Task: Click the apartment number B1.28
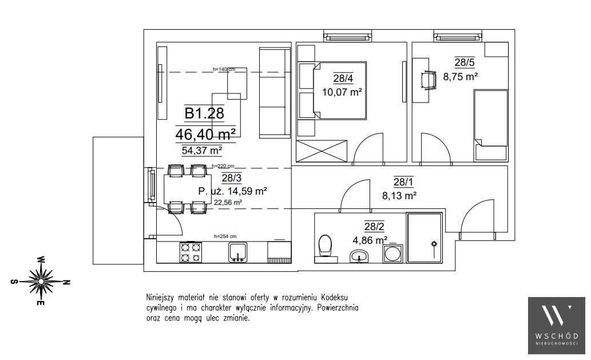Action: point(205,113)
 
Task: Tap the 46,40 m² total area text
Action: point(206,134)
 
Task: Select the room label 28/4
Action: point(343,78)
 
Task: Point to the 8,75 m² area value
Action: point(461,77)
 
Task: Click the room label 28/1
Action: point(403,182)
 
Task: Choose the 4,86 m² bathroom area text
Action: point(370,240)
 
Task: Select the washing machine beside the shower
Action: point(392,254)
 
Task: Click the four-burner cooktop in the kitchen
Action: point(191,252)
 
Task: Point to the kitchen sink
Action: point(238,252)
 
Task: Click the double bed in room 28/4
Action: point(332,91)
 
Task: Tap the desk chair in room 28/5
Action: point(428,81)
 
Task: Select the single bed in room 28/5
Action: point(490,125)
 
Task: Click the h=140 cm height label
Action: point(224,69)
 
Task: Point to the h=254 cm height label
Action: point(225,236)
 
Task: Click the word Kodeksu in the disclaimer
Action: point(334,298)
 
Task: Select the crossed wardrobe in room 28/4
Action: point(322,151)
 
